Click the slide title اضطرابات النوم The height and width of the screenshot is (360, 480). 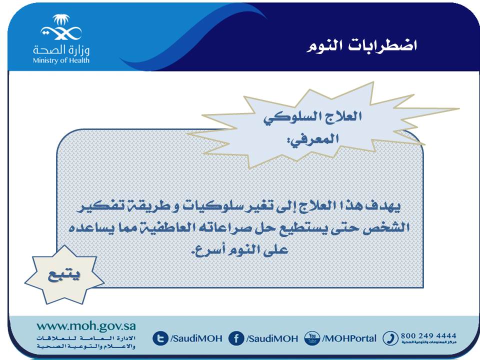click(x=361, y=46)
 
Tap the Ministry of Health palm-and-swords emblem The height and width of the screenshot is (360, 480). click(x=61, y=27)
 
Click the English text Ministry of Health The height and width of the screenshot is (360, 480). click(x=61, y=60)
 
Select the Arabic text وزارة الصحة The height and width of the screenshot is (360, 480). click(x=61, y=49)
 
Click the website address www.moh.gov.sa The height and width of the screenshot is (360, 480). click(x=86, y=325)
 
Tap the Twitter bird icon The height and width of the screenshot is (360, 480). click(x=160, y=338)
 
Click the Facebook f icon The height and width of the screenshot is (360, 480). click(x=236, y=338)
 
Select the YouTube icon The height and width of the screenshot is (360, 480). click(x=312, y=338)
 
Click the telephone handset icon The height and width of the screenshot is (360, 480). click(x=390, y=338)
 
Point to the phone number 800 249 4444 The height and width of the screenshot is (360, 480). click(x=428, y=336)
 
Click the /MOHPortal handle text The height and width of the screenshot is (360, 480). click(x=349, y=338)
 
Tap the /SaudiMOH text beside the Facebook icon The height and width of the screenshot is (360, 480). click(x=272, y=338)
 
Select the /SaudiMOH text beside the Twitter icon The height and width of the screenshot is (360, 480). click(x=196, y=338)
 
